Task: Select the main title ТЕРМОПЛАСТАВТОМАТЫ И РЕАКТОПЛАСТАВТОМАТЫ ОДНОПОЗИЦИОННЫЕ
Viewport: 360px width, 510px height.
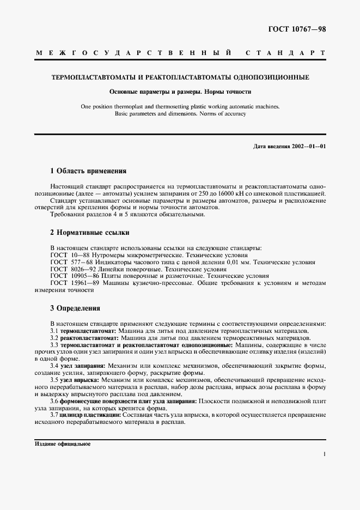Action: click(180, 78)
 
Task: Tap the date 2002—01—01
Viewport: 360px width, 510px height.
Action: click(307, 147)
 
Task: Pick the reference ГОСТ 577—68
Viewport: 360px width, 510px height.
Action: click(71, 262)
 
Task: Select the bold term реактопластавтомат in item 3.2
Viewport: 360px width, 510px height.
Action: click(89, 338)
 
